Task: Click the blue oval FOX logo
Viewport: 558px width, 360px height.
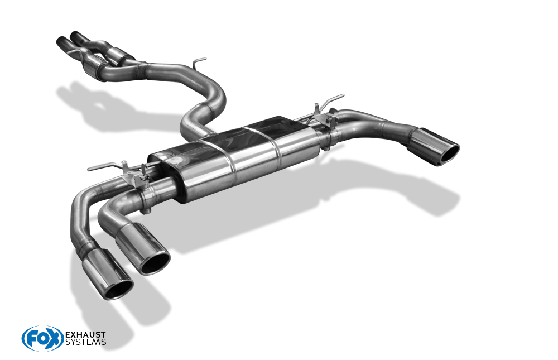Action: (42, 338)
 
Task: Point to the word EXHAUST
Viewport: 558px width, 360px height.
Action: (85, 335)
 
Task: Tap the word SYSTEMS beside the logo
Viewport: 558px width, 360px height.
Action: (85, 342)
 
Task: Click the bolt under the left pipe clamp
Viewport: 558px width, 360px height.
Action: (146, 210)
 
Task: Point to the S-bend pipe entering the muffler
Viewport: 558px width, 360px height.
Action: (206, 112)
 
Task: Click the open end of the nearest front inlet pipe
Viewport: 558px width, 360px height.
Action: (60, 41)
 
